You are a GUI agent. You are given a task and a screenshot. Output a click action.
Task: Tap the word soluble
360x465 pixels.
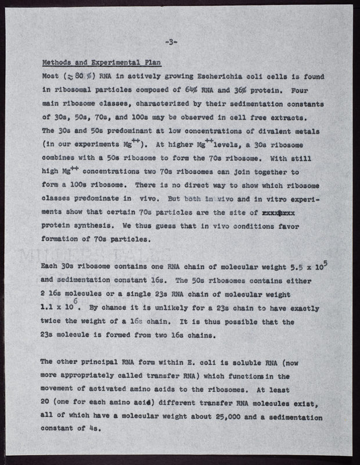click(x=248, y=362)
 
